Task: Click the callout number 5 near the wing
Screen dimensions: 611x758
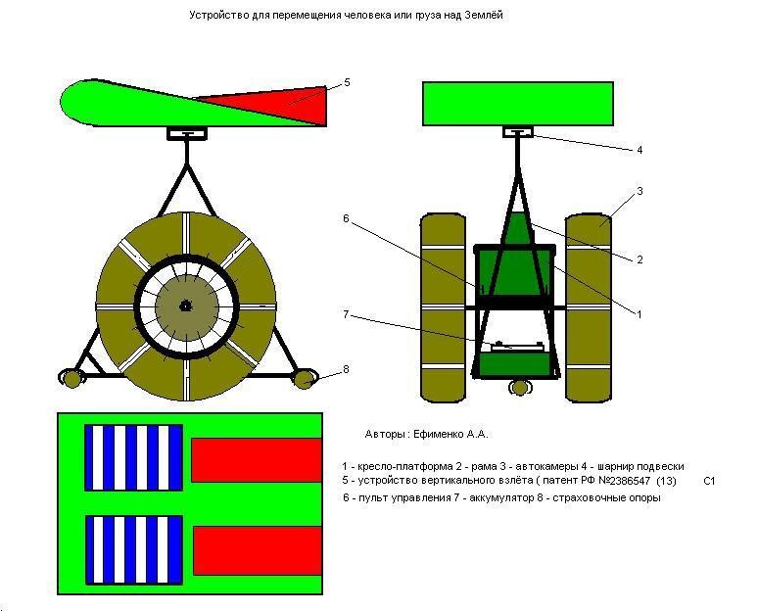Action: coord(347,83)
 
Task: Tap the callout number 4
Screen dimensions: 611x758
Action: coord(640,150)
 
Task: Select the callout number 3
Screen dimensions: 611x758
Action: coord(640,191)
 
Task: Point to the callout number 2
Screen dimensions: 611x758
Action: coord(640,259)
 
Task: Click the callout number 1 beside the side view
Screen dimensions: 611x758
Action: coord(640,314)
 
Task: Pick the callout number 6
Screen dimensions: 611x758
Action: coord(346,218)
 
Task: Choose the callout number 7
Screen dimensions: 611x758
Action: coord(346,314)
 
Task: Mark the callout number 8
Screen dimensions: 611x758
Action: coord(346,369)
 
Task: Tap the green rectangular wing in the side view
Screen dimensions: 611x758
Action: coord(518,105)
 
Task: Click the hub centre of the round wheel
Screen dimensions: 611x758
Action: coord(185,305)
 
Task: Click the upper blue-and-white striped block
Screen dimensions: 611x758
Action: coord(133,457)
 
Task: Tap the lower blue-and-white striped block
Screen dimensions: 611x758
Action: coord(133,548)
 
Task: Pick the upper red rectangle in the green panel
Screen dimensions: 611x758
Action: coord(257,460)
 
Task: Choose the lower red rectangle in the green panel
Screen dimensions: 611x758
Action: coord(258,550)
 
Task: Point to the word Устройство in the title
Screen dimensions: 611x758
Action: coord(214,16)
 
